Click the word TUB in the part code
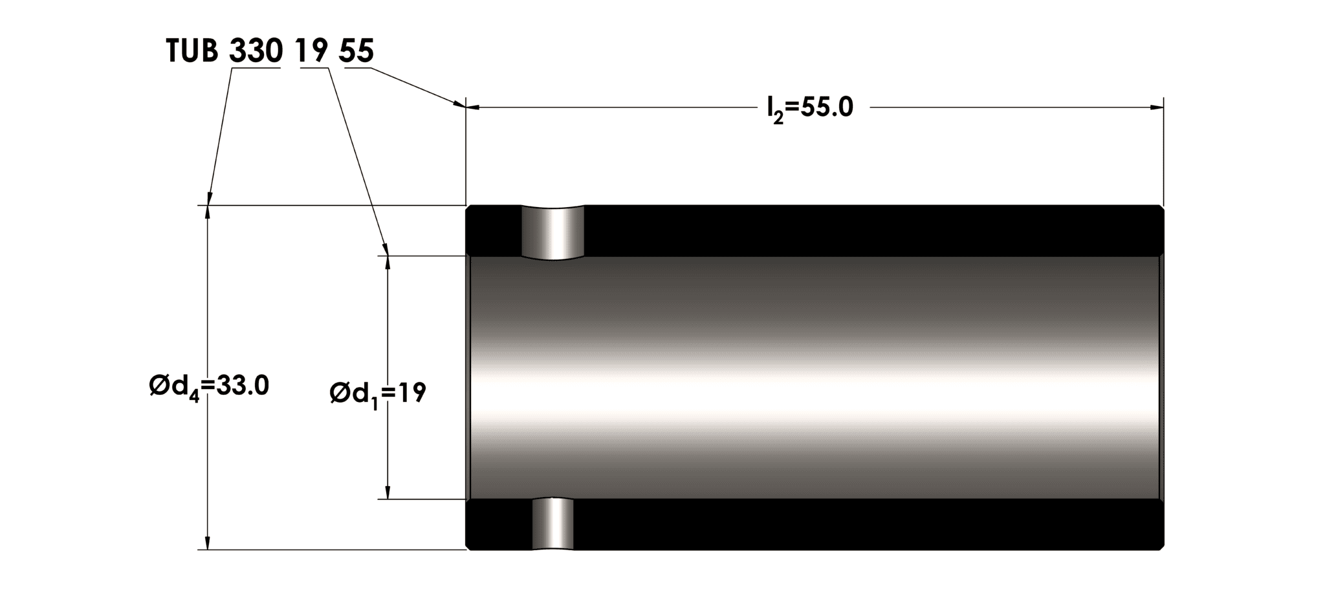(x=192, y=51)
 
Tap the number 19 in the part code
(x=312, y=51)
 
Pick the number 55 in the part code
(x=356, y=51)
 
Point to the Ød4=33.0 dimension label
(x=209, y=387)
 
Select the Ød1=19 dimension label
(x=378, y=393)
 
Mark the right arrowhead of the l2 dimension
(x=1156, y=107)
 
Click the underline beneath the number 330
(x=256, y=68)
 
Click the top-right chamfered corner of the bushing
(x=1161, y=209)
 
